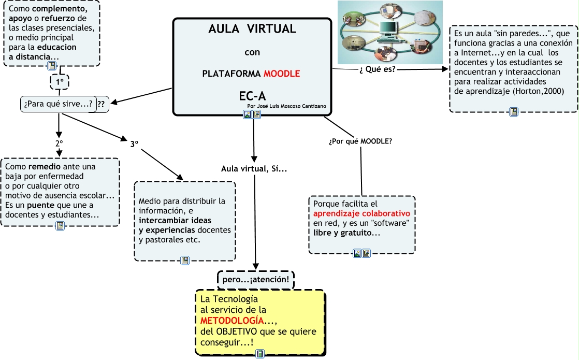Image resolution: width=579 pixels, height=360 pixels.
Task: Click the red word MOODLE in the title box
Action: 282,74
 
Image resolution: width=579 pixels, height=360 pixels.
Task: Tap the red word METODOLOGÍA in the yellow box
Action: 228,320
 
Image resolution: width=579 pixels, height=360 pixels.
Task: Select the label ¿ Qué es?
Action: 377,69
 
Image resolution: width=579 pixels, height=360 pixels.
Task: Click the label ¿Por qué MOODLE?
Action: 360,141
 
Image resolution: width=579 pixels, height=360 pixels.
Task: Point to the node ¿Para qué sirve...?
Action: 59,104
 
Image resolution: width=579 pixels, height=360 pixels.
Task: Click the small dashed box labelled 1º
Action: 59,81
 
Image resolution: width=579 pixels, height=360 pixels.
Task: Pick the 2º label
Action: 59,142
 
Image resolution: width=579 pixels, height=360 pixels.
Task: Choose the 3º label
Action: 134,144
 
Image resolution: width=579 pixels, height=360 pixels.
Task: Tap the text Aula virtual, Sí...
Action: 254,169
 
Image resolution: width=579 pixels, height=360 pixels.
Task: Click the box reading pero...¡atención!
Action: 255,280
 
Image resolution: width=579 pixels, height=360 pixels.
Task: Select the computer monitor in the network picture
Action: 390,28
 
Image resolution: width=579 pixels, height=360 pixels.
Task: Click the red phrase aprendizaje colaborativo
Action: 361,213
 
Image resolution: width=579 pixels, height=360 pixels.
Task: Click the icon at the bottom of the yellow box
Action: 260,354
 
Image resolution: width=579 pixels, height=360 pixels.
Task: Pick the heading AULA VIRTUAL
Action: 252,29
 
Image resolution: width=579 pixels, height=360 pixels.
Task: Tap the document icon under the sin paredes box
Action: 513,111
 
